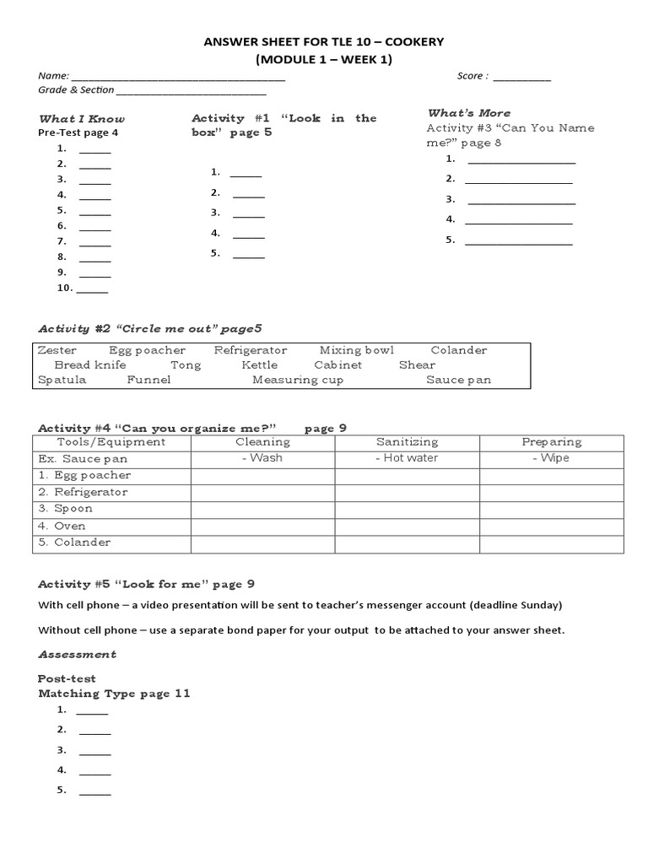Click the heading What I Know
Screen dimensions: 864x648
pos(82,119)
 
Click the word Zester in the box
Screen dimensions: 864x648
pos(57,350)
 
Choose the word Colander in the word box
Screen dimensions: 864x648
pos(459,350)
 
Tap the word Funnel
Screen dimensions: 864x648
pos(148,380)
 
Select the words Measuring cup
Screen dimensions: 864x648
pos(298,380)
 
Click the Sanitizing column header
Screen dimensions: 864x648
pos(407,442)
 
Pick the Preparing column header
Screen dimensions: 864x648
pos(552,442)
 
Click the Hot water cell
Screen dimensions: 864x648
pos(407,458)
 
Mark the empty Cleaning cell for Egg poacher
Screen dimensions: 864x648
pos(262,476)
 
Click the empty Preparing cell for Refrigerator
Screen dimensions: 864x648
pos(552,493)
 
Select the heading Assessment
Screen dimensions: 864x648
pos(78,655)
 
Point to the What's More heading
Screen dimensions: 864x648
pos(469,113)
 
